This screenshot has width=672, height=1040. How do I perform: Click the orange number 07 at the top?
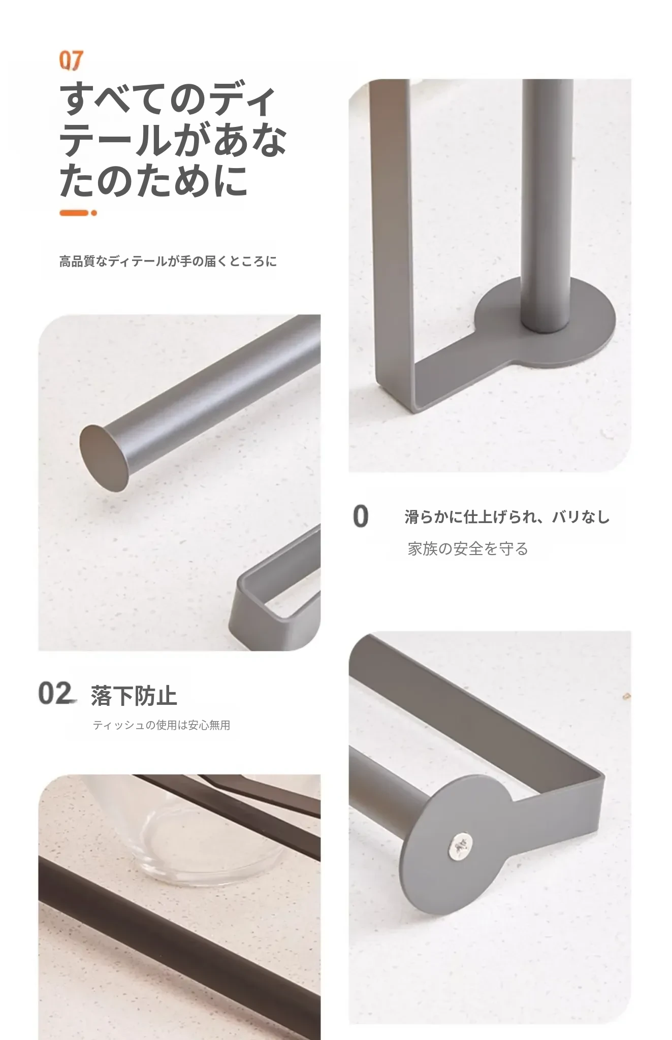pyautogui.click(x=71, y=60)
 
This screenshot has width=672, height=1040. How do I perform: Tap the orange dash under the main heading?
pyautogui.click(x=78, y=213)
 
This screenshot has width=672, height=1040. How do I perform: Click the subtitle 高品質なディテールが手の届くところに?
pyautogui.click(x=168, y=262)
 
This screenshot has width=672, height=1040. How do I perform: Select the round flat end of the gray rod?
pyautogui.click(x=104, y=458)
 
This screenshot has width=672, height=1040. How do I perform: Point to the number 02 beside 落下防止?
pyautogui.click(x=55, y=694)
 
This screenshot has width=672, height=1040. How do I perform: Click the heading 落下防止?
pyautogui.click(x=134, y=696)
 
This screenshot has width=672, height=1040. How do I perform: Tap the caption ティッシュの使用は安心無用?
pyautogui.click(x=162, y=725)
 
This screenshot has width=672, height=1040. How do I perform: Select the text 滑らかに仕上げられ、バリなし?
pyautogui.click(x=507, y=517)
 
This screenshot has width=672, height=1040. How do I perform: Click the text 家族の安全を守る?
pyautogui.click(x=468, y=549)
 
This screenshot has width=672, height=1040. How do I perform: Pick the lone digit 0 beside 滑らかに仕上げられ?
pyautogui.click(x=361, y=516)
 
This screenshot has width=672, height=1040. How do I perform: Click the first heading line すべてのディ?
pyautogui.click(x=168, y=100)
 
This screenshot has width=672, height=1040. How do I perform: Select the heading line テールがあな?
pyautogui.click(x=173, y=140)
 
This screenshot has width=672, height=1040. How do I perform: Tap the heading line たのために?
pyautogui.click(x=154, y=181)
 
